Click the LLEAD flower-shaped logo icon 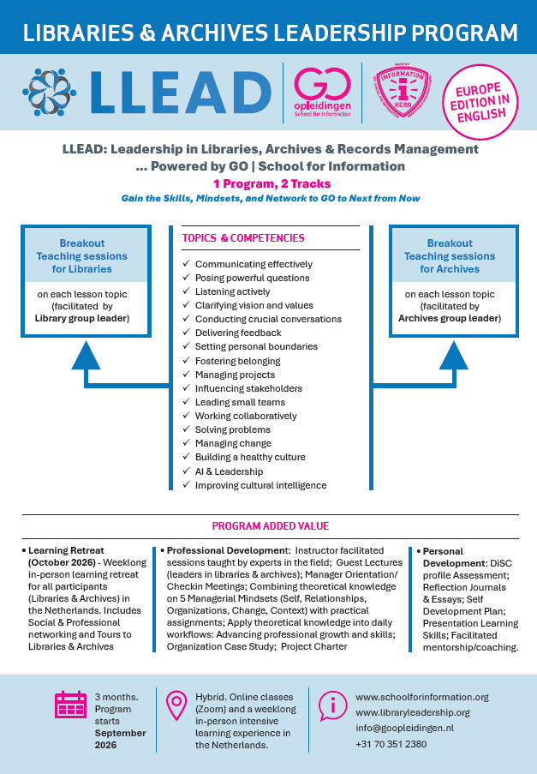coord(50,91)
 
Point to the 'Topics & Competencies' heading coord(243,237)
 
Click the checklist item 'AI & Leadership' coord(229,471)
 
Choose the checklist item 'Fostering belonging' coord(237,361)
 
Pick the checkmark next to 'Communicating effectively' coord(187,264)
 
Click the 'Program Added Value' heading coord(270,526)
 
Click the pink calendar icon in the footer coord(69,704)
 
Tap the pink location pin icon coord(177,704)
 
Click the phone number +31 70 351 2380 coord(391,743)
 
